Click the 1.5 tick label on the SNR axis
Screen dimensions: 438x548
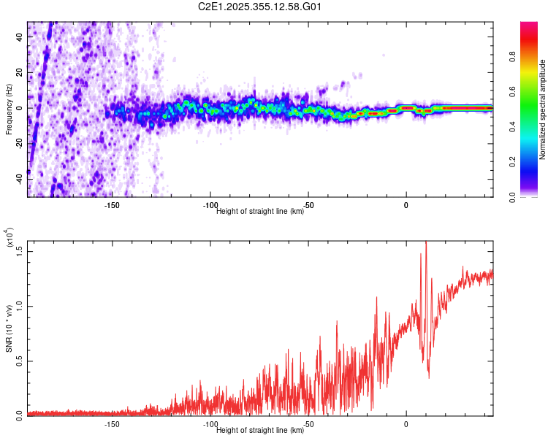pyautogui.click(x=20, y=250)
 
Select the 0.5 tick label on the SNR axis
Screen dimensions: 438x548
pyautogui.click(x=20, y=361)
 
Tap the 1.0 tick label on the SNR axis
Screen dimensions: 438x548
pyautogui.click(x=20, y=305)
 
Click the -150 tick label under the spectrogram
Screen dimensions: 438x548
pyautogui.click(x=112, y=205)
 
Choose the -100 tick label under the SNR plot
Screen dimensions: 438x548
pyautogui.click(x=210, y=423)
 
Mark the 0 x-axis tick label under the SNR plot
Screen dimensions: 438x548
pyautogui.click(x=406, y=423)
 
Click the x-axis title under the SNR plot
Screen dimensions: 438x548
pyautogui.click(x=260, y=431)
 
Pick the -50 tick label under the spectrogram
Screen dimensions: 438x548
pyautogui.click(x=308, y=205)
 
